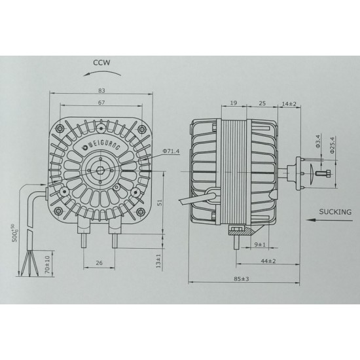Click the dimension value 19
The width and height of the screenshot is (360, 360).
234,103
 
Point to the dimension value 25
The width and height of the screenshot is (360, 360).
261,103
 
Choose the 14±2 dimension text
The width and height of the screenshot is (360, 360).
289,103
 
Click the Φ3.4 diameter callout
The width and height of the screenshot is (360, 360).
317,141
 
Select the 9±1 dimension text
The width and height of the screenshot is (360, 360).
260,245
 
